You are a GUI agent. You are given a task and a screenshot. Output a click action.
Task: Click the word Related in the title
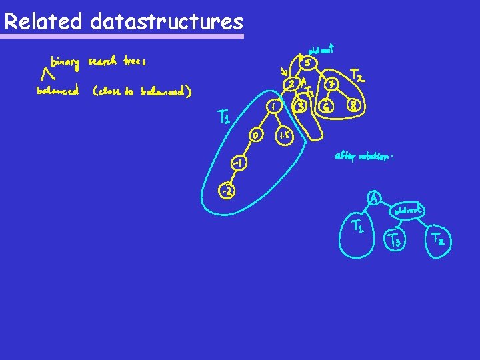pyautogui.click(x=43, y=22)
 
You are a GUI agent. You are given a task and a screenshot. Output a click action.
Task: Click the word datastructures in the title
pyautogui.click(x=166, y=22)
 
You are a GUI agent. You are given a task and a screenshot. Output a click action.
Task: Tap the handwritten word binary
pyautogui.click(x=65, y=63)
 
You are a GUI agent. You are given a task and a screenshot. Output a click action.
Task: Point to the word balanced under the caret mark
pyautogui.click(x=58, y=90)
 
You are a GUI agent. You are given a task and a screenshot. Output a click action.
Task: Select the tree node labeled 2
pyautogui.click(x=291, y=84)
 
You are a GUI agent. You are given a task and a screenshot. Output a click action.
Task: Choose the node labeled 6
pyautogui.click(x=326, y=105)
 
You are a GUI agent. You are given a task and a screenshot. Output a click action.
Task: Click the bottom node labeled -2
pyautogui.click(x=227, y=191)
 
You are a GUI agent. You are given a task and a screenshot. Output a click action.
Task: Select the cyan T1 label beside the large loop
pyautogui.click(x=225, y=119)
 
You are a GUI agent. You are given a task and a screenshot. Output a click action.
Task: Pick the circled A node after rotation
pyautogui.click(x=376, y=198)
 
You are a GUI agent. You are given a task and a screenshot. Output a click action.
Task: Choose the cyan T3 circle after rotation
pyautogui.click(x=395, y=241)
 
